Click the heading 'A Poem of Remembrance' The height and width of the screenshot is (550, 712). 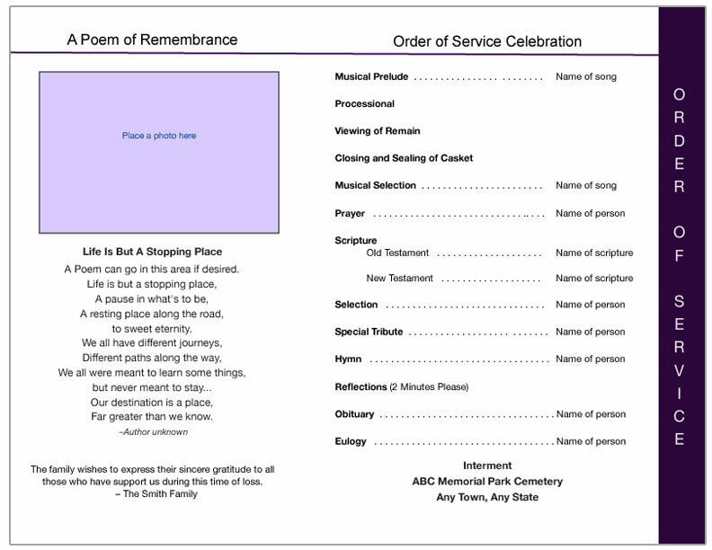pos(153,40)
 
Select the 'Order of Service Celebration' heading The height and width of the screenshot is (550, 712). pos(487,41)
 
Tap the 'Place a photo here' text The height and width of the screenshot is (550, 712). pos(159,136)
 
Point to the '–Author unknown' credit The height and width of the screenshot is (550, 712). pos(153,432)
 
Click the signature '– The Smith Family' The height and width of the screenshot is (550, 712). pos(152,493)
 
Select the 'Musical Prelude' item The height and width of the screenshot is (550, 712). pos(371,77)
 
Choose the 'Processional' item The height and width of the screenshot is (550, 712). pos(364,104)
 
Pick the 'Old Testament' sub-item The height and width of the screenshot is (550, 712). pos(397,253)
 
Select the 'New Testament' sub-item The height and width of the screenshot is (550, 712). pos(399,279)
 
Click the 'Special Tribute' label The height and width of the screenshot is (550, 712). pos(369,333)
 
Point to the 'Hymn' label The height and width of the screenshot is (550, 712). pos(348,359)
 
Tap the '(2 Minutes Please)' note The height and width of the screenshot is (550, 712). pos(429,386)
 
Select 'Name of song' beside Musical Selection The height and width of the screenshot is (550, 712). pos(586,185)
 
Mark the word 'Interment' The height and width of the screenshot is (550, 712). pos(487,466)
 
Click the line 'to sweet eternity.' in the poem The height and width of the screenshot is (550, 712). pos(153,329)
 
